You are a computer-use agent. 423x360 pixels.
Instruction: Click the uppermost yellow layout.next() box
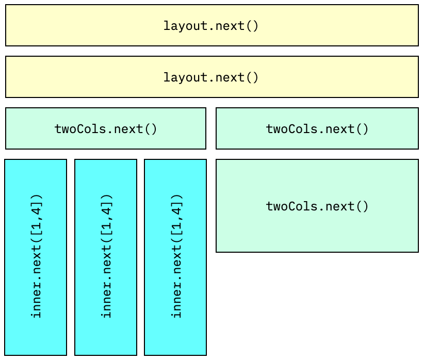tap(211, 25)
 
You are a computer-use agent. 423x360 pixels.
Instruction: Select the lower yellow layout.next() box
tap(211, 77)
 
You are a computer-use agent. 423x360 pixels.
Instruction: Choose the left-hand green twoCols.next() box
tap(106, 128)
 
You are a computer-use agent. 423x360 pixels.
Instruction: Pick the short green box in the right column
tap(317, 128)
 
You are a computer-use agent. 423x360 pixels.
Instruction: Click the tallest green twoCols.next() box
tap(317, 206)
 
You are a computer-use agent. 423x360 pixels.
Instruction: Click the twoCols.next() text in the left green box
tap(106, 128)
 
